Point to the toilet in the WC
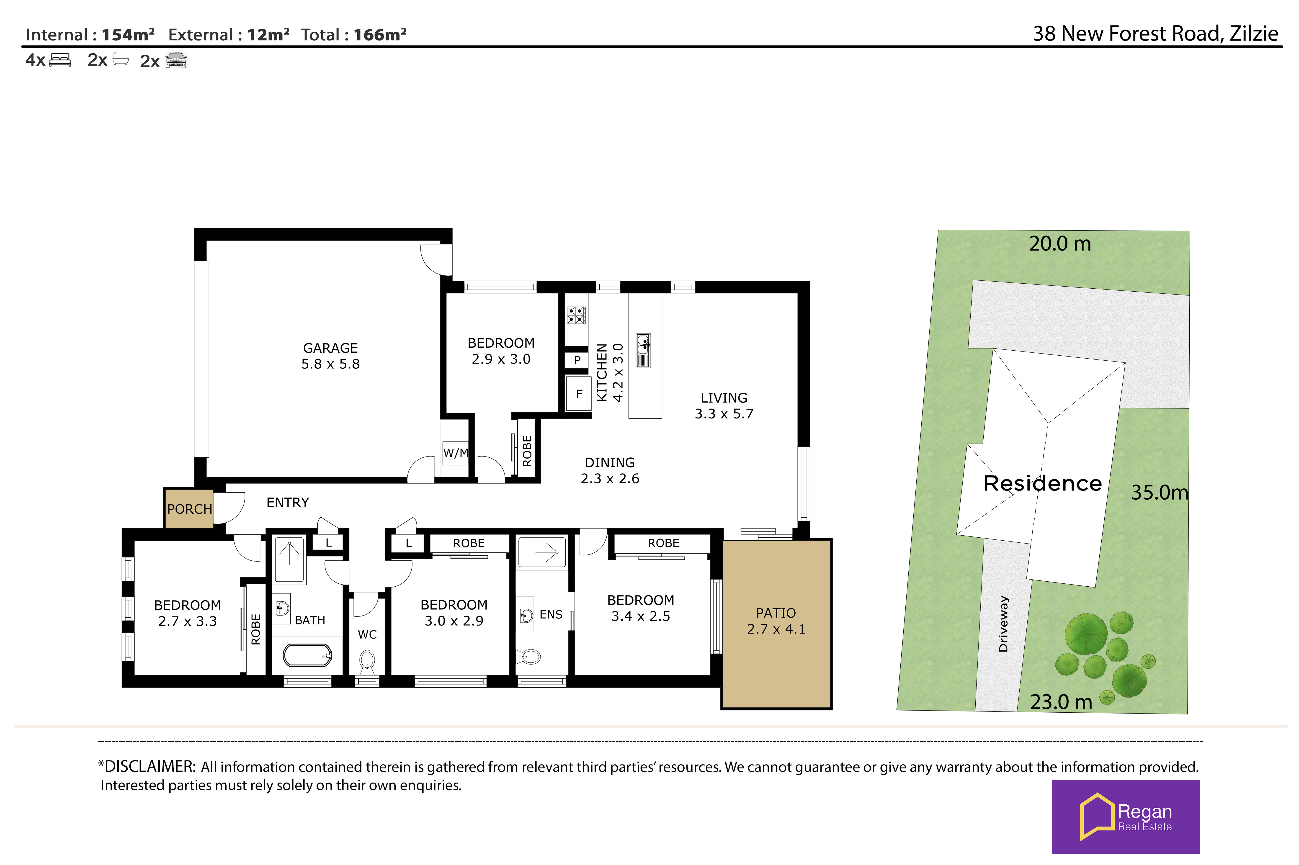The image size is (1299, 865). pyautogui.click(x=367, y=662)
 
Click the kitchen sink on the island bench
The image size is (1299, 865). pyautogui.click(x=643, y=350)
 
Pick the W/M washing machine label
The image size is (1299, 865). pyautogui.click(x=455, y=453)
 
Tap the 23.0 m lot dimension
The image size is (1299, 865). pyautogui.click(x=1061, y=702)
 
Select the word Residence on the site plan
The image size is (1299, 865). pyautogui.click(x=1042, y=483)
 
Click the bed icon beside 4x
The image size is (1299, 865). pyautogui.click(x=60, y=60)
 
